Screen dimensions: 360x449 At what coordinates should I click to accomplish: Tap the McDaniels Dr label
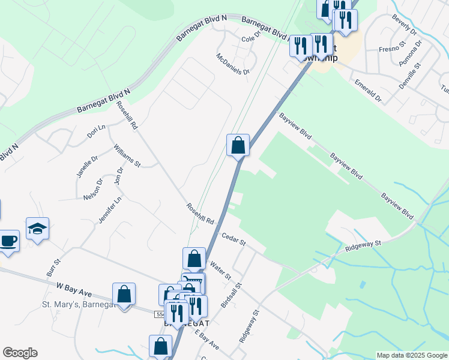[233, 63]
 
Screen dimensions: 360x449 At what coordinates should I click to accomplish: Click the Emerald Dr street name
[368, 89]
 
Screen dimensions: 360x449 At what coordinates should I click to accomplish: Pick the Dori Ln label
[96, 131]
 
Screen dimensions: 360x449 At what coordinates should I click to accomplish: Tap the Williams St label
[127, 155]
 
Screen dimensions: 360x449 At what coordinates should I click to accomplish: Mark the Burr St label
[53, 268]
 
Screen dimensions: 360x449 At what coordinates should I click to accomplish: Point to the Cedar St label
[234, 238]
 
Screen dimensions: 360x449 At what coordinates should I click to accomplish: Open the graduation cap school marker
[38, 229]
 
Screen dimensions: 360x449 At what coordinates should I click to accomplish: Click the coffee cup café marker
[9, 241]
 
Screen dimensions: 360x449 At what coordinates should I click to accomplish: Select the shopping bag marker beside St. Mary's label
[124, 294]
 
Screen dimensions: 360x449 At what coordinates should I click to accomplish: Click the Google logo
[20, 353]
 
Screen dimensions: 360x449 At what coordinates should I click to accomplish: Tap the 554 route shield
[160, 314]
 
